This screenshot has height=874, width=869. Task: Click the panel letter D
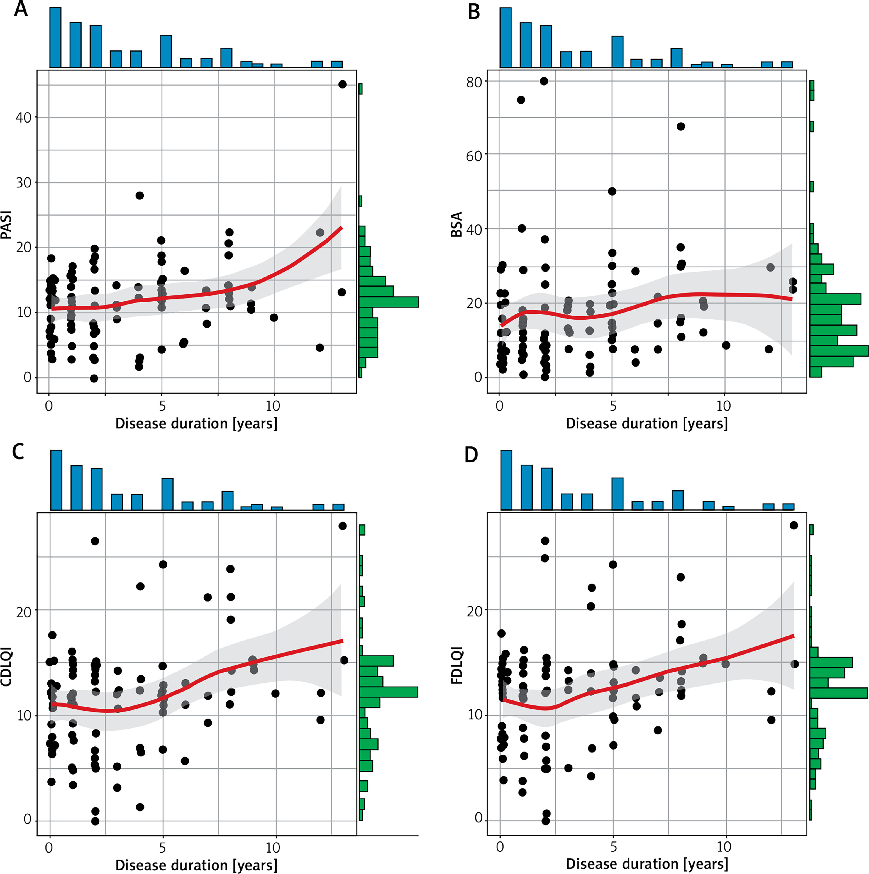click(x=471, y=455)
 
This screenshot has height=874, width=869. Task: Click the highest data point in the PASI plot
click(x=342, y=84)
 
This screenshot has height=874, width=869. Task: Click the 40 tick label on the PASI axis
click(x=23, y=118)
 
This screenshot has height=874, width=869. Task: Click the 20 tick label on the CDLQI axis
click(x=23, y=612)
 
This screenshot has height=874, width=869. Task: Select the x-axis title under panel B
click(x=647, y=423)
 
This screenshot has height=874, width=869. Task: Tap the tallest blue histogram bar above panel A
click(x=55, y=37)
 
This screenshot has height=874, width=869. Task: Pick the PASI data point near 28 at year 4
click(x=140, y=196)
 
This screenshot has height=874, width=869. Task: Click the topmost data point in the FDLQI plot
click(x=794, y=525)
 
